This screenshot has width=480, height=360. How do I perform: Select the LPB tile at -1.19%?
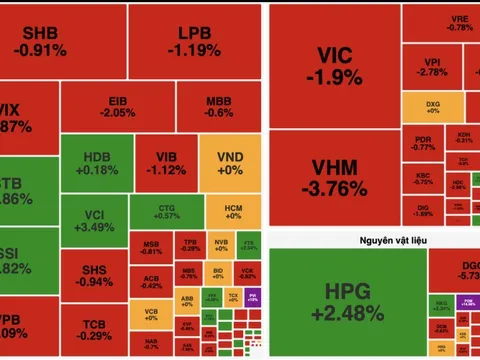point(188,40)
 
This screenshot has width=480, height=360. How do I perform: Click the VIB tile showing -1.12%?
point(166,162)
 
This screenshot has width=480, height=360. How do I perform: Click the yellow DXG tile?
point(433,106)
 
